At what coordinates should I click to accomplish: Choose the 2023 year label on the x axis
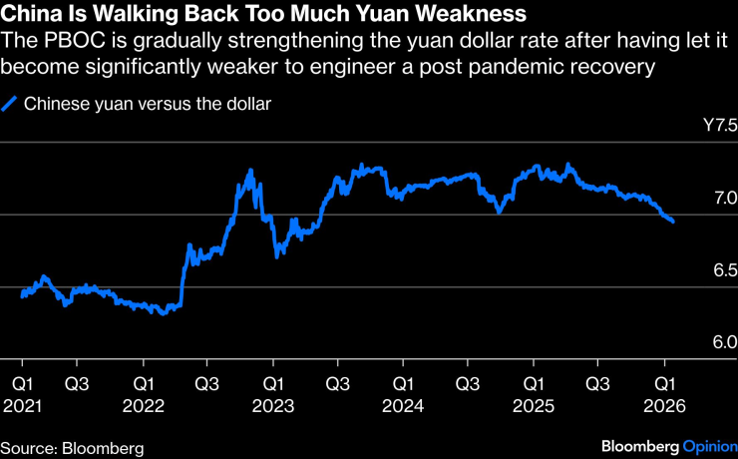(273, 406)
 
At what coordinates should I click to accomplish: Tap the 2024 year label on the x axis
(402, 406)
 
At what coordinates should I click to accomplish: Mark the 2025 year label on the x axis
(533, 406)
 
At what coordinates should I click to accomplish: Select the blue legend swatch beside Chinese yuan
(11, 103)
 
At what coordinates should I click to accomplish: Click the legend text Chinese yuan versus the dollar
(148, 103)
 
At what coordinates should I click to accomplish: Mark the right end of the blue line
(673, 222)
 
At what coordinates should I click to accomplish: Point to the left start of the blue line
(22, 294)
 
